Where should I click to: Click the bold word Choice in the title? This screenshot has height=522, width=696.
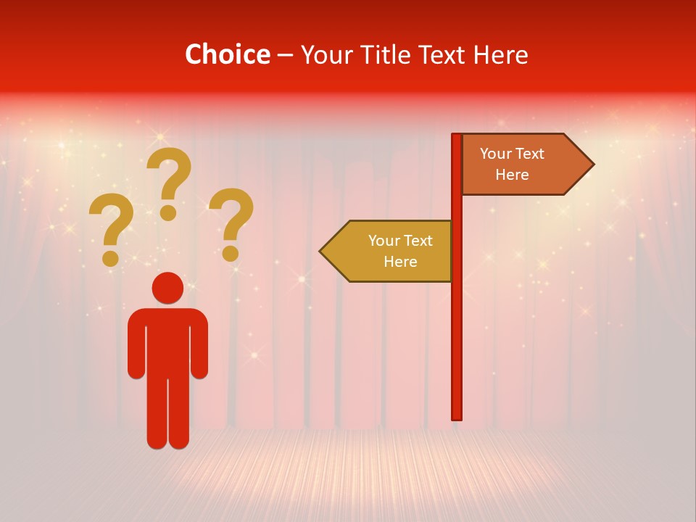tap(228, 55)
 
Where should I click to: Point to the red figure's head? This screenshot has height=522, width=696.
tap(167, 288)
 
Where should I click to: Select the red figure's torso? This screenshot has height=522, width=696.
tap(167, 341)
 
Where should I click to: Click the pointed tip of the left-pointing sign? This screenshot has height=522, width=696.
tap(321, 251)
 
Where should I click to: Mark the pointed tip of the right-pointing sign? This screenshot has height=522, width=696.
tap(592, 165)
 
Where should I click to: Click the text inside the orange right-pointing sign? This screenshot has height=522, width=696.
tap(512, 164)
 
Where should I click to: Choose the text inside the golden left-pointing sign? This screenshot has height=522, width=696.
tap(399, 251)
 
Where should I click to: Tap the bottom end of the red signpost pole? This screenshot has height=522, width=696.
tap(457, 416)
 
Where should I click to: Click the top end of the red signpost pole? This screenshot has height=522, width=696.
tap(457, 137)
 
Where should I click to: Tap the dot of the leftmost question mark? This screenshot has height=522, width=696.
tap(110, 258)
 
